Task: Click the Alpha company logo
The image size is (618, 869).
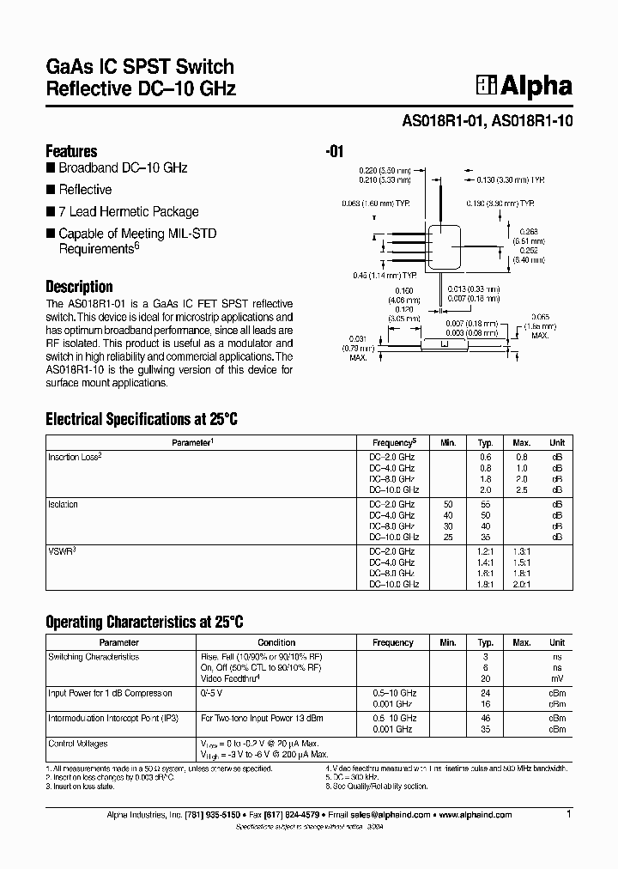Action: point(524,86)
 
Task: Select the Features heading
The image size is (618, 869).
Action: point(71,151)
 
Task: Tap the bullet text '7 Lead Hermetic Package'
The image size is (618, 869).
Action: point(128,211)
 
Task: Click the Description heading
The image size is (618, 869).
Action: point(79,287)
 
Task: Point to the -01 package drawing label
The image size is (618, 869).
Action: point(335,152)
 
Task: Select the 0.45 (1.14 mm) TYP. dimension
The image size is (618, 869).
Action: point(384,275)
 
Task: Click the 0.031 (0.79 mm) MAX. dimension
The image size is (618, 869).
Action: point(358,348)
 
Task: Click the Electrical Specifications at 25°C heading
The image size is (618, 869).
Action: point(141,420)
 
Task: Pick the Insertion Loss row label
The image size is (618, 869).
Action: point(75,457)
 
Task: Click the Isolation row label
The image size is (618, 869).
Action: point(63,504)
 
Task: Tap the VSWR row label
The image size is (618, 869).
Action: point(61,551)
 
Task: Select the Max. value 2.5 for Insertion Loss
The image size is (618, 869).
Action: point(521,489)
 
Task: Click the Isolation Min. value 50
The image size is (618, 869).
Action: point(447,504)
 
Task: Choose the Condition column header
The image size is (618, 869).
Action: point(276,642)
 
